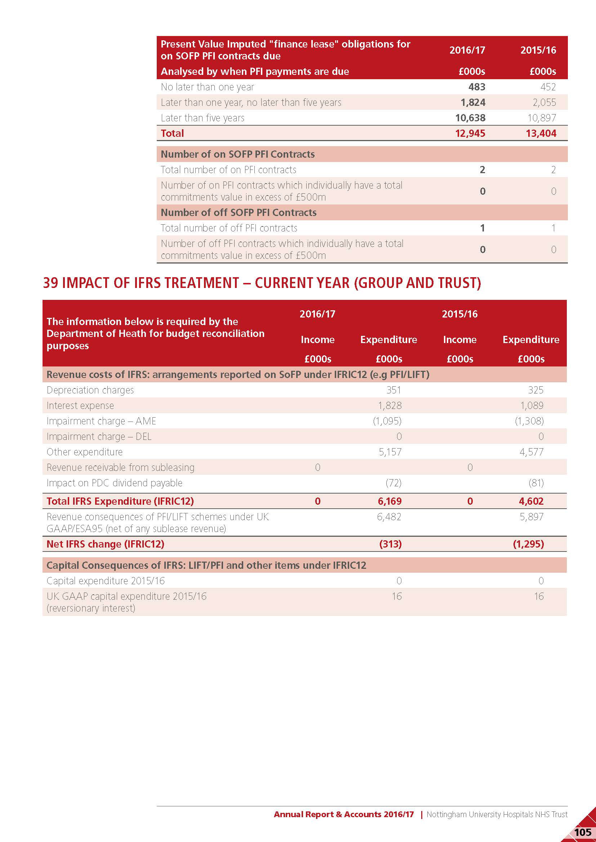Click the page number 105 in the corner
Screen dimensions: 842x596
pos(582,832)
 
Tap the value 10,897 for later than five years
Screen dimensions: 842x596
pos(542,118)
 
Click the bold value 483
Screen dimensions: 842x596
pos(477,87)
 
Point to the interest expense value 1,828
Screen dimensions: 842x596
pos(390,405)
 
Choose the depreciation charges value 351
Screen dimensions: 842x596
pos(394,390)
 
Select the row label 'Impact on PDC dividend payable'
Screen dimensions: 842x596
pos(114,483)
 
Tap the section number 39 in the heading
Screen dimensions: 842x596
pos(50,283)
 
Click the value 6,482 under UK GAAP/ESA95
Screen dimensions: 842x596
pos(389,517)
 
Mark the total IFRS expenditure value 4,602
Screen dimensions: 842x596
pos(531,501)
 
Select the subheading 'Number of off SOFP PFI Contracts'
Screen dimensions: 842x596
pos(239,212)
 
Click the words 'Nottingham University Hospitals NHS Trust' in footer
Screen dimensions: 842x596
pos(497,814)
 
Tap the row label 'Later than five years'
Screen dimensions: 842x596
pos(202,118)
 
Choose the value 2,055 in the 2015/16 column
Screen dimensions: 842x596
pos(544,102)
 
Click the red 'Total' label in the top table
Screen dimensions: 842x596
pos(172,133)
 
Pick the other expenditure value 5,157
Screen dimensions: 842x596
pos(390,452)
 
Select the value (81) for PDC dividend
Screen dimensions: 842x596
pos(536,483)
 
